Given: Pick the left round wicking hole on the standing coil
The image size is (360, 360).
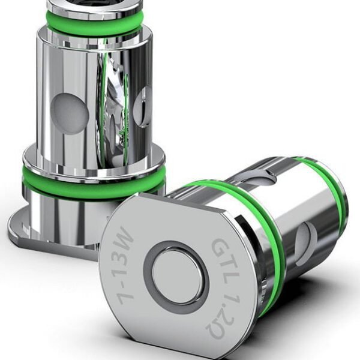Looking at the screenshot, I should click(69, 112).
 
